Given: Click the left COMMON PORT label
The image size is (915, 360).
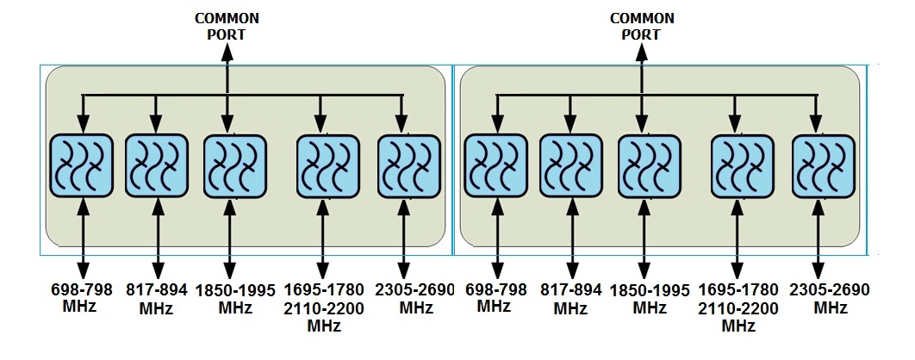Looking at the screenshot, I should tap(227, 25).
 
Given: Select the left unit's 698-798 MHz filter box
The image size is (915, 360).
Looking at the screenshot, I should tap(83, 165).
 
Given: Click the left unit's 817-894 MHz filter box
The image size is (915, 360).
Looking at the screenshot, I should tap(156, 165).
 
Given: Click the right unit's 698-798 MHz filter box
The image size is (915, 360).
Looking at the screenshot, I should tap(495, 165).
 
